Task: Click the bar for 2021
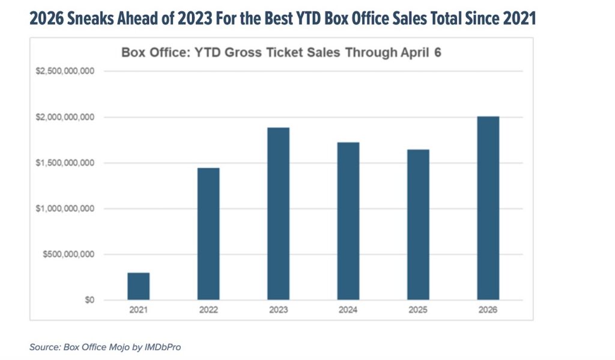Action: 138,286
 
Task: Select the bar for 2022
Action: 208,234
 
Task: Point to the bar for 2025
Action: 418,225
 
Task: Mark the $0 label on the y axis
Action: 88,300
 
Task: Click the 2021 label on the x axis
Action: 138,311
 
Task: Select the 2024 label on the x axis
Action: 348,311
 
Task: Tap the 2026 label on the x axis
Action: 488,311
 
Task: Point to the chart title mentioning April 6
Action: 282,52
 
